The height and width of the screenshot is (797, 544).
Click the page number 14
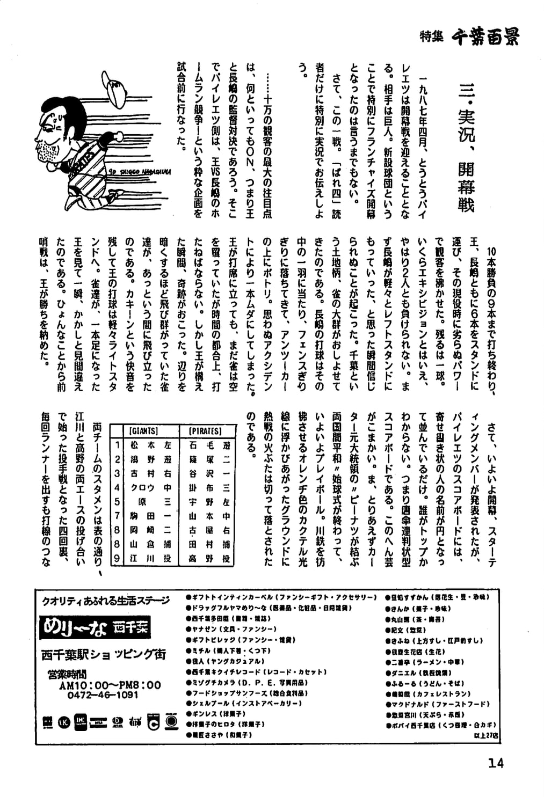496,763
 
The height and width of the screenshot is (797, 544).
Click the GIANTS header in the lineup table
143,431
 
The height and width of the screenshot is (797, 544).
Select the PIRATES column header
205,431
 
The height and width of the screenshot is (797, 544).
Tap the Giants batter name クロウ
143,487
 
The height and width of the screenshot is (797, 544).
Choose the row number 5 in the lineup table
117,502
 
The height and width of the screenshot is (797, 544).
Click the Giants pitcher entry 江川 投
150,558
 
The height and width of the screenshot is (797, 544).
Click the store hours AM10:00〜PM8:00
110,685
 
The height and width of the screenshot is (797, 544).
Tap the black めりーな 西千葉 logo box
95,627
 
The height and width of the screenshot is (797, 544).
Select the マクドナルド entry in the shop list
437,704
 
